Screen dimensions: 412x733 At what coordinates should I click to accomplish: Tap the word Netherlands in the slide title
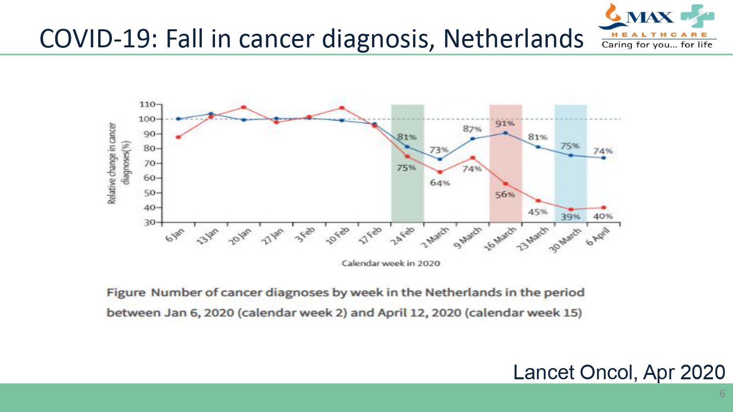(x=513, y=39)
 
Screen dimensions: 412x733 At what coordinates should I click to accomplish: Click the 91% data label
(x=504, y=124)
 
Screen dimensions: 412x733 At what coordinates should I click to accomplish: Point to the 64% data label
(x=439, y=183)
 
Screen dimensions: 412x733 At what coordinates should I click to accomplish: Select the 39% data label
(x=570, y=217)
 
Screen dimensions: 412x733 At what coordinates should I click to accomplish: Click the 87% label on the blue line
(x=472, y=129)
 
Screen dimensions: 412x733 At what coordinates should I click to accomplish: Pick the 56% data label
(x=505, y=194)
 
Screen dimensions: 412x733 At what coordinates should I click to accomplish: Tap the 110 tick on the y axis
(x=147, y=104)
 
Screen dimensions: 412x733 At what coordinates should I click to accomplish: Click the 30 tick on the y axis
(x=149, y=223)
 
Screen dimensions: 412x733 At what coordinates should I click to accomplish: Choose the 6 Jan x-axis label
(x=175, y=235)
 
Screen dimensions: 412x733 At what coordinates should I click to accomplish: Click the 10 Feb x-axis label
(x=338, y=235)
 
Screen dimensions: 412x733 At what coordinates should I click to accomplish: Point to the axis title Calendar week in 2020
(x=390, y=264)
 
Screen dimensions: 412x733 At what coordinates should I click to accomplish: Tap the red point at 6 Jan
(x=178, y=137)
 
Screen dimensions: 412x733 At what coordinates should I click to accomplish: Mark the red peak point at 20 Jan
(x=244, y=107)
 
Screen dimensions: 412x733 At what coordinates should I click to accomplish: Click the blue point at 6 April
(x=604, y=158)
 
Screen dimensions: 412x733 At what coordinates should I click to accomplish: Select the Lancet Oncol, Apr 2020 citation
(x=619, y=372)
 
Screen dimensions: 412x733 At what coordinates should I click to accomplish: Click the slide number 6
(x=722, y=393)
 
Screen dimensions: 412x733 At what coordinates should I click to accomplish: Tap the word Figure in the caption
(x=126, y=293)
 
